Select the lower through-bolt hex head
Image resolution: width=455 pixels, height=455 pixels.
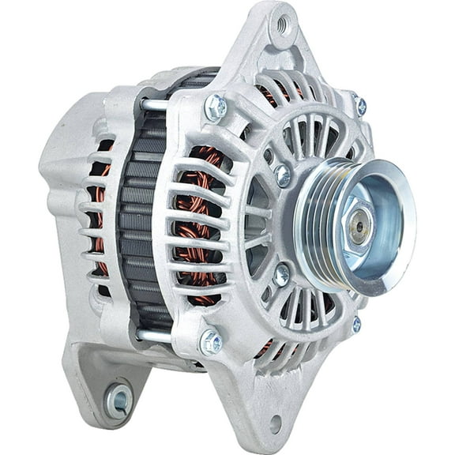click(x=211, y=341)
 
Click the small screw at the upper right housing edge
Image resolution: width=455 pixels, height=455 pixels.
click(x=360, y=105)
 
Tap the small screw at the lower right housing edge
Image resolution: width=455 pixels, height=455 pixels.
click(x=356, y=323)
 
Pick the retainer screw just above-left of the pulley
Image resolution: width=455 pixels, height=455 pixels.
click(x=283, y=175)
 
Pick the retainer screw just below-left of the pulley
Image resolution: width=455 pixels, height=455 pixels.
click(x=282, y=274)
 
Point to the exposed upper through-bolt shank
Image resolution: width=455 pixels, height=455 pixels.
click(x=153, y=103)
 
